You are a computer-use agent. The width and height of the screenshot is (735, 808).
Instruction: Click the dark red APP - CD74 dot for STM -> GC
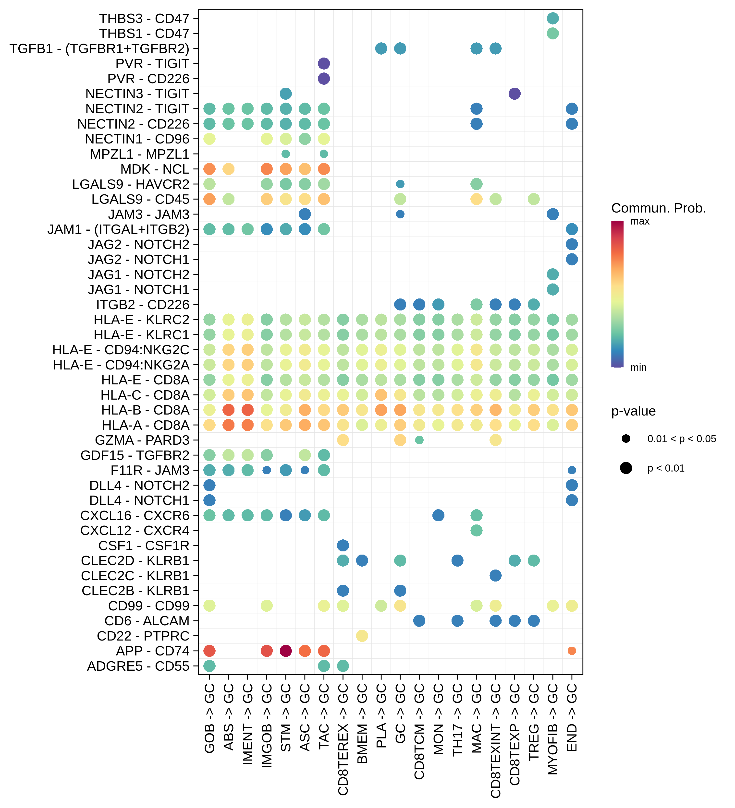285,651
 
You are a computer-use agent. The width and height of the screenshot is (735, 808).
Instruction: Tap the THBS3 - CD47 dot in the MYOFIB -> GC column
552,18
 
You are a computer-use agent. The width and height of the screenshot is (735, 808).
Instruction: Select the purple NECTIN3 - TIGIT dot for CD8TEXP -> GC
514,94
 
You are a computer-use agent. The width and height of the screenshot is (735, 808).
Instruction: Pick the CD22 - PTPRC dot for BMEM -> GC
362,636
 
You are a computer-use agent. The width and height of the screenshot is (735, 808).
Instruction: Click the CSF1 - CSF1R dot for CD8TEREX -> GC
343,546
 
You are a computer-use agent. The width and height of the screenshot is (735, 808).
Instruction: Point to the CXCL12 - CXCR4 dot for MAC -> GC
476,530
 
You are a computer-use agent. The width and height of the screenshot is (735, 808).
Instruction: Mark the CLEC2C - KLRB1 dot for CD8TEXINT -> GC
496,576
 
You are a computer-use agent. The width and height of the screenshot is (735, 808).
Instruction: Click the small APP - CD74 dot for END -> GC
572,651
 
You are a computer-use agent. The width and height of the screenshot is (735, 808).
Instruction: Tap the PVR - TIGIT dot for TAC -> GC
324,63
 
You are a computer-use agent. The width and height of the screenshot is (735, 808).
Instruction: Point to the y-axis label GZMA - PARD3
142,440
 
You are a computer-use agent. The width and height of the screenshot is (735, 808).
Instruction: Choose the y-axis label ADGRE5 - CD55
138,666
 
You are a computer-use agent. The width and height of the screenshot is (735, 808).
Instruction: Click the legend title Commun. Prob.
658,208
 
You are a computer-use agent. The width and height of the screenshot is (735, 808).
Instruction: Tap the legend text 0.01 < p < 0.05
681,439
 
